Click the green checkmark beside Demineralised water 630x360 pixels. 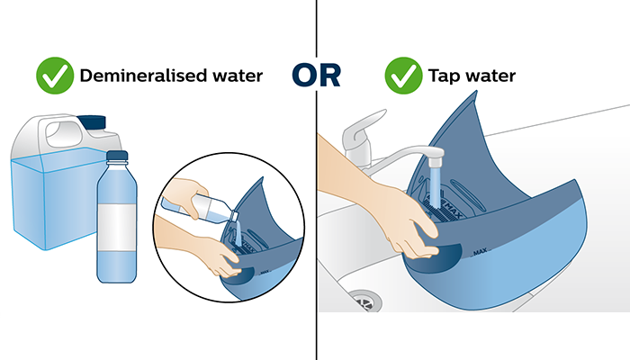coord(56,76)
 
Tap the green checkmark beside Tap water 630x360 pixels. coord(403,76)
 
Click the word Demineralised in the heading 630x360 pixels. coord(148,76)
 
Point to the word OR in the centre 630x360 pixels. coord(316,76)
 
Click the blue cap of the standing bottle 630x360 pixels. coord(115,158)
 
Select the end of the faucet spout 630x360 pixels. coord(433,160)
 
